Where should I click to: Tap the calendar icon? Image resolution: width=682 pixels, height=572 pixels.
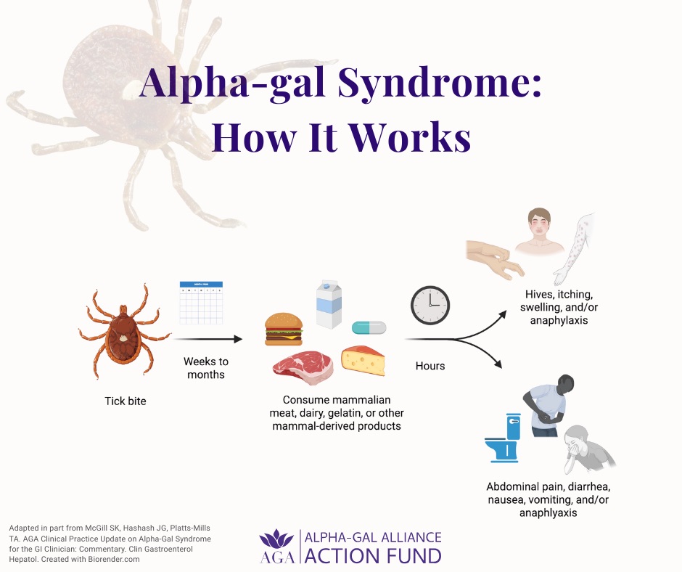pos(201,303)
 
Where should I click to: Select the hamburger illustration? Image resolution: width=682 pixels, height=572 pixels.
pos(283,329)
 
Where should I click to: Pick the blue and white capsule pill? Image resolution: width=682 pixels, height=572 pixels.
pos(369,328)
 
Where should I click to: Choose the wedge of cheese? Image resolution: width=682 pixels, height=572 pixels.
pos(363,361)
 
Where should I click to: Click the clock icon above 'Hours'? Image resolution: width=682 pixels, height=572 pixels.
pos(430,305)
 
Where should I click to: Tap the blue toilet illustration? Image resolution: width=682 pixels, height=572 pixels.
pos(505,441)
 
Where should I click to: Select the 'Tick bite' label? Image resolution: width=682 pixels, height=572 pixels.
pos(124,401)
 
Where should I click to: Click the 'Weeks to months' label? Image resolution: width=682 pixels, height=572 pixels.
pos(205,368)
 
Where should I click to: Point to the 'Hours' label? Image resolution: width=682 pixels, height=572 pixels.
pos(430,366)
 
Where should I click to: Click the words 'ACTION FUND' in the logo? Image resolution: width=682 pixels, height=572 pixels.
pos(372,556)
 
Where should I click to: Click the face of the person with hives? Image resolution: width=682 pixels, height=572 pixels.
pos(539,223)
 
